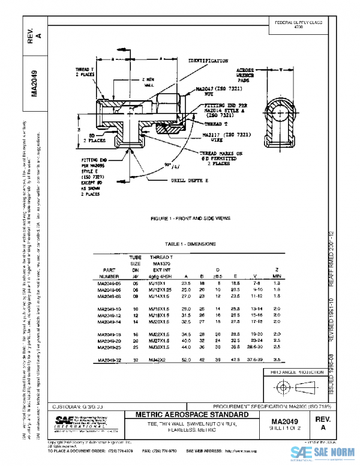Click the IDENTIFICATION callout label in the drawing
[208, 61]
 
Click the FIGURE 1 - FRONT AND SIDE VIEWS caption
[191, 218]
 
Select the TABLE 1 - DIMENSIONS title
[191, 244]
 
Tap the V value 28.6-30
[254, 347]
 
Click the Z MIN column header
[277, 274]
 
